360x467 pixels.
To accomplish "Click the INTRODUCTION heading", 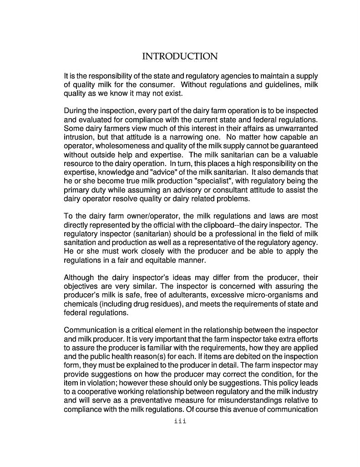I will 180,57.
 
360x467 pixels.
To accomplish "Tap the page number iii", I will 180,421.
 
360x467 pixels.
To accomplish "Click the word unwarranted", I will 296,128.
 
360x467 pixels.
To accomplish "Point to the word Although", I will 79,278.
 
